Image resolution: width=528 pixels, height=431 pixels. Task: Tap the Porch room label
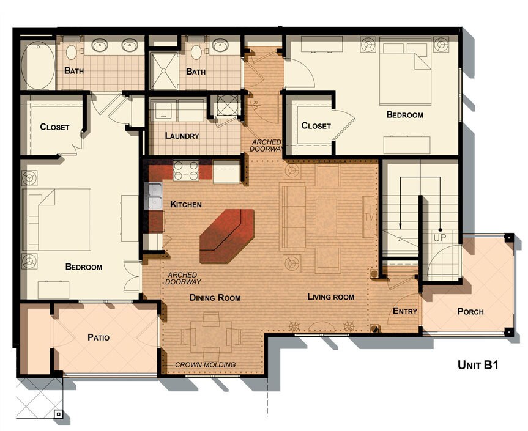pos(470,312)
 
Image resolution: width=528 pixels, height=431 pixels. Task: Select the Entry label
pos(404,311)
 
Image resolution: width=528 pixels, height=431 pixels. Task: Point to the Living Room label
pos(330,297)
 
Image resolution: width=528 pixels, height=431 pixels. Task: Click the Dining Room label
pos(215,298)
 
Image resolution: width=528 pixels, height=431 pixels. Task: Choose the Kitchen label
pos(185,204)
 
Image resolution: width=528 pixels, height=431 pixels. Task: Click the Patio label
pos(98,337)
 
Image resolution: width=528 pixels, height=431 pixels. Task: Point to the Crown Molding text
pos(205,365)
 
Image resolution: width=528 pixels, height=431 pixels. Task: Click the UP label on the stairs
pos(439,237)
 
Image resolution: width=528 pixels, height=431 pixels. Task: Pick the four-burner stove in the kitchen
pos(185,171)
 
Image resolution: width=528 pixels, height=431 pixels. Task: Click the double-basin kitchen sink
pos(154,197)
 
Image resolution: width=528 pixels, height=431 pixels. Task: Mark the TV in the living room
pos(368,216)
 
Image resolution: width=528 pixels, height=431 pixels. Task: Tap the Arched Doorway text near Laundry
pos(266,145)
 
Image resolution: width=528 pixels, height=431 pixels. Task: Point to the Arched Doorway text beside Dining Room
pos(184,278)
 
